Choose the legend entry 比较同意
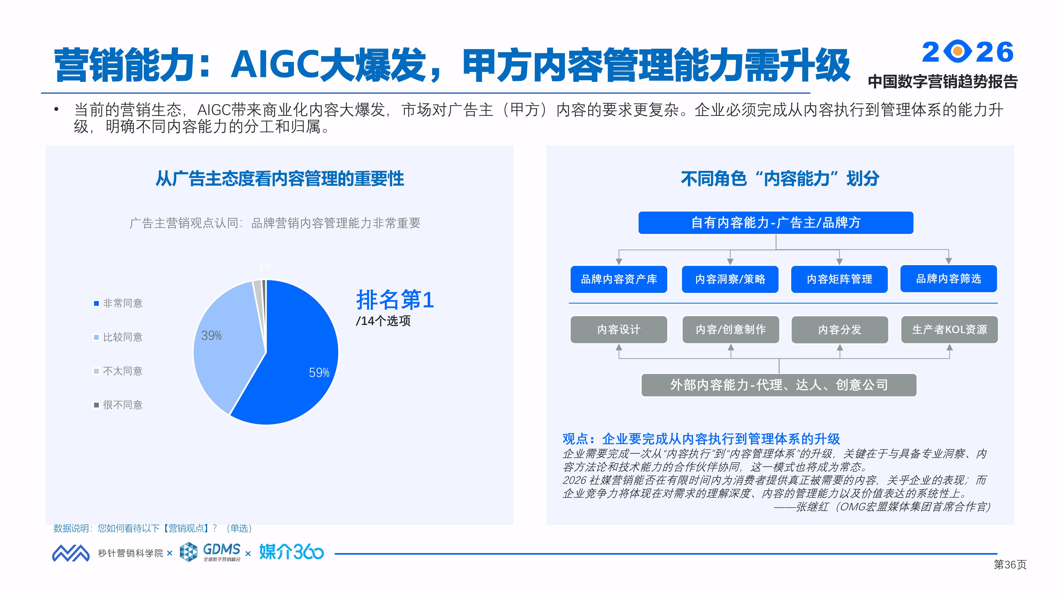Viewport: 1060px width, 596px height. tap(118, 337)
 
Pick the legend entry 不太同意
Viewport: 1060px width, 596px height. tap(118, 371)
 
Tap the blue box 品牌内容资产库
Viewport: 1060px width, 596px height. tap(619, 279)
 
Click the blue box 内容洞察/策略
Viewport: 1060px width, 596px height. tap(730, 279)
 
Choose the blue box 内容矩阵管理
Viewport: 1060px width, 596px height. tap(840, 279)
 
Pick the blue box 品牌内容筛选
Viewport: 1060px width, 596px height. tap(948, 279)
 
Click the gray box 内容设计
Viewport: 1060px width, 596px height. tap(619, 330)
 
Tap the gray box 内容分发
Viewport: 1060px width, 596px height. tap(840, 330)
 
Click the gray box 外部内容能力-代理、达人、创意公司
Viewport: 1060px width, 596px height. tap(779, 385)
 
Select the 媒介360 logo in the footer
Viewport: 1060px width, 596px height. tap(291, 552)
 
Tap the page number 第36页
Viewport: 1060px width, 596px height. tap(1010, 565)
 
